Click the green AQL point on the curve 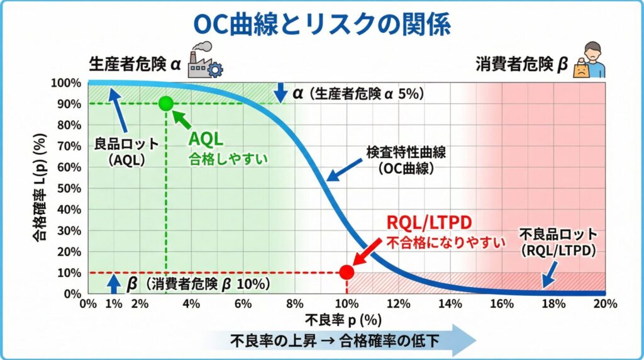pyautogui.click(x=166, y=103)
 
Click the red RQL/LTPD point pyautogui.click(x=347, y=272)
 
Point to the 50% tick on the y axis pyautogui.click(x=69, y=189)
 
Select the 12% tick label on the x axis pyautogui.click(x=398, y=304)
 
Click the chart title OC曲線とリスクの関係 pyautogui.click(x=322, y=25)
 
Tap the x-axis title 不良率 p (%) pyautogui.click(x=343, y=320)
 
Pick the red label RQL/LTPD pyautogui.click(x=429, y=222)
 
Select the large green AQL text pyautogui.click(x=206, y=139)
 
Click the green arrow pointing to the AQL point pyautogui.click(x=182, y=119)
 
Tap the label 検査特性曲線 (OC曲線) pyautogui.click(x=406, y=160)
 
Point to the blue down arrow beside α pyautogui.click(x=280, y=93)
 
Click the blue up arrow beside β pyautogui.click(x=114, y=284)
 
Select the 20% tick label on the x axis pyautogui.click(x=606, y=304)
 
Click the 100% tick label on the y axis pyautogui.click(x=67, y=83)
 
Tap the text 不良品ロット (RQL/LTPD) pyautogui.click(x=558, y=242)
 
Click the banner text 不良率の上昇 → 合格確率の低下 pyautogui.click(x=335, y=340)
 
